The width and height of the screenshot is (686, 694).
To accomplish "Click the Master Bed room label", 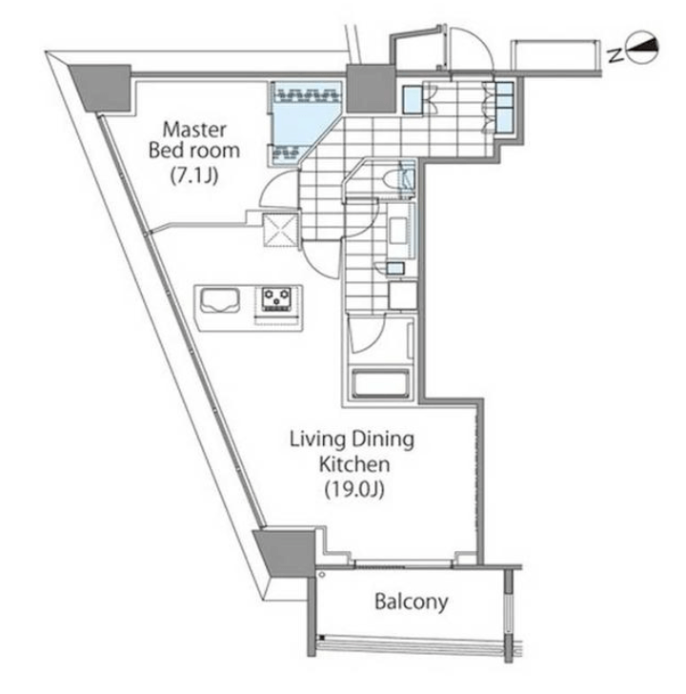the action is pos(194,140).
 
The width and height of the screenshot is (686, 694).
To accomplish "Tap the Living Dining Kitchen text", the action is pos(353,452).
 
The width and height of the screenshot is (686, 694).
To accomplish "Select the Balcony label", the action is pos(412,602).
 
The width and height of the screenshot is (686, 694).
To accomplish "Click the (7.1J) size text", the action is pos(194,176).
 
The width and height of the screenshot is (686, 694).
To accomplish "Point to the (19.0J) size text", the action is pos(354,490).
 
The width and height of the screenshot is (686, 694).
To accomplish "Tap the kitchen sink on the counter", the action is pos(220,301).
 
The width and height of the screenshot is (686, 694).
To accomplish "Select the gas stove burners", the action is pos(277,298).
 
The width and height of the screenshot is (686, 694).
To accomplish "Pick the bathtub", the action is pos(380,383).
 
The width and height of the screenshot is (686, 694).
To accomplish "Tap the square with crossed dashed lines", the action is pos(280,230).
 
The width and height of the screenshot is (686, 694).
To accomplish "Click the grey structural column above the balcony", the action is pos(286,552).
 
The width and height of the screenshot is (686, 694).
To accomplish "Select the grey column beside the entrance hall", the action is pos(371,89).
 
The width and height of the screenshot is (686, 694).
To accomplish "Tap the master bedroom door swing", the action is pos(278,189).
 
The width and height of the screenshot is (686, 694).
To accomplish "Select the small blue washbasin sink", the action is pos(395,268).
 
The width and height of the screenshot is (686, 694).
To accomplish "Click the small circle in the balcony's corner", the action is pos(322,575).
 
